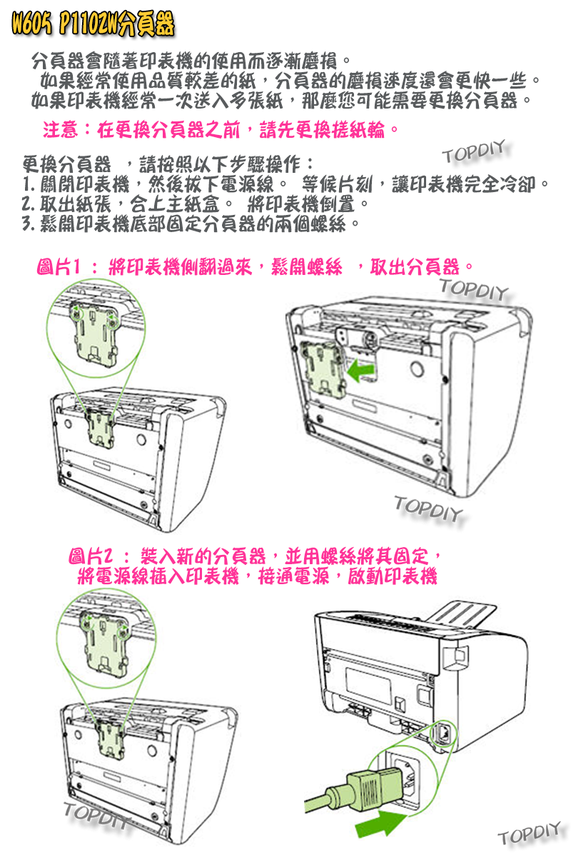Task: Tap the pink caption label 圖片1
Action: click(x=57, y=269)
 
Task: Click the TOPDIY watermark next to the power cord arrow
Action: click(x=529, y=833)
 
